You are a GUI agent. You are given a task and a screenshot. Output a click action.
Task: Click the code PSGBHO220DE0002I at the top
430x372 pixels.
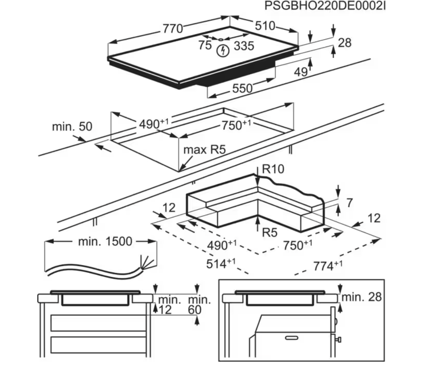[x=325, y=6]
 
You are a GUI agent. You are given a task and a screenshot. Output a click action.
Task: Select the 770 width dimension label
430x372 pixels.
[x=173, y=29]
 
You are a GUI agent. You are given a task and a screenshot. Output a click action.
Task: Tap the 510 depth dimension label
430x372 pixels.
[x=265, y=26]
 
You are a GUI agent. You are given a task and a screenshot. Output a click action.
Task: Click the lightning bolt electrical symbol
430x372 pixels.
[x=222, y=51]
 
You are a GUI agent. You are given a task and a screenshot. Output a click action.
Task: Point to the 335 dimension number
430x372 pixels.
[x=244, y=46]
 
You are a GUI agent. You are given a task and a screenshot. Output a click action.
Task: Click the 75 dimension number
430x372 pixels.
[x=205, y=45]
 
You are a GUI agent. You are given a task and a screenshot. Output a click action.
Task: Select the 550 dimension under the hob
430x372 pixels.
[x=242, y=88]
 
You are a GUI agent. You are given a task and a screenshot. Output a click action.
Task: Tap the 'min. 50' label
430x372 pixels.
[x=72, y=126]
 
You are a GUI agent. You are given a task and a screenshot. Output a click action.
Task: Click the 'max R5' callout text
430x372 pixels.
[x=204, y=150]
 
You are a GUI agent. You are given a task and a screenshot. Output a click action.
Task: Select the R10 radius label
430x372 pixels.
[x=273, y=169]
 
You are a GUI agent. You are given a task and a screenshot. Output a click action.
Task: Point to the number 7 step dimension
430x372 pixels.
[x=349, y=203]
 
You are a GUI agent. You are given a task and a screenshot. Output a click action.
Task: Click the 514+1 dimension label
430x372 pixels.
[x=220, y=263]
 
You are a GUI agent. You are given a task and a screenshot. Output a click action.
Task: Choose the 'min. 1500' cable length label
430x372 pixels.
[x=105, y=241]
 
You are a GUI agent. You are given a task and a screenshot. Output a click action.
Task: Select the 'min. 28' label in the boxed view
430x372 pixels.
[x=361, y=297]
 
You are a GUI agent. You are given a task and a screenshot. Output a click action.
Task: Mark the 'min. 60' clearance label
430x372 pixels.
[x=199, y=305]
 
